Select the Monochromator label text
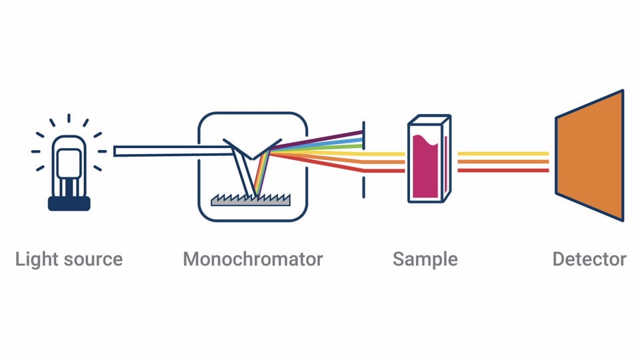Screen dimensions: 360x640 coord(253,259)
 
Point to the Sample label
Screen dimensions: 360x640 coord(425,259)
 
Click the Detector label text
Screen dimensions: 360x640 coord(589,259)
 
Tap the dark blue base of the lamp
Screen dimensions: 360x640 coord(69,203)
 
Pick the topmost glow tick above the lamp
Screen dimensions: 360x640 coord(69,119)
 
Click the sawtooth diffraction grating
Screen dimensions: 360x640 coord(251,199)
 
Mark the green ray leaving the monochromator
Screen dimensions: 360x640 coord(327,147)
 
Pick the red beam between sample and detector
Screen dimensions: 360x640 coord(503,170)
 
